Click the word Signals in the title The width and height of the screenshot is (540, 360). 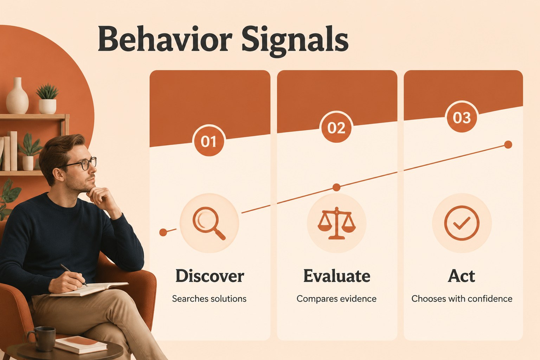tap(295, 41)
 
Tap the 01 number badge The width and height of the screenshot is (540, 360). tap(209, 141)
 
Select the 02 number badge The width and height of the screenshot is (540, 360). tap(336, 127)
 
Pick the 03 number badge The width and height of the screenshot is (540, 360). tap(462, 117)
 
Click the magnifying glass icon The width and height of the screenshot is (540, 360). tap(209, 223)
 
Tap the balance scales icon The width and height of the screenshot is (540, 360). tap(336, 223)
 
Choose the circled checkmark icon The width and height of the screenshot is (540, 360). tap(462, 223)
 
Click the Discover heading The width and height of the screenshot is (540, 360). tap(210, 276)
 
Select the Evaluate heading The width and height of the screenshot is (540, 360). tap(336, 276)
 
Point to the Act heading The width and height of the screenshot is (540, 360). tap(461, 276)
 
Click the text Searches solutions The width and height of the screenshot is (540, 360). tap(209, 299)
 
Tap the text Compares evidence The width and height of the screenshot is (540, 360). tap(336, 299)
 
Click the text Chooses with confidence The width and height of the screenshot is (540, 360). tap(462, 299)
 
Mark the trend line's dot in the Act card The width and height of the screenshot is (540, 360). tap(508, 145)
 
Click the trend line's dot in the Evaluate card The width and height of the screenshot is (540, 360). tap(336, 187)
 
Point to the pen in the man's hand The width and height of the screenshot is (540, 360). tap(74, 275)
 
